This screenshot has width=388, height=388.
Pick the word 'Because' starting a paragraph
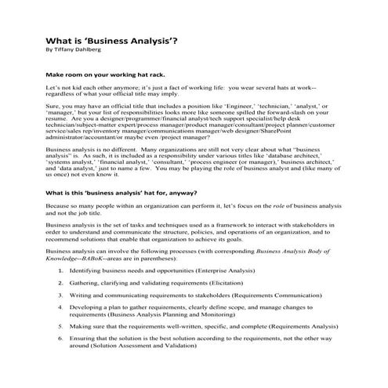click(x=61, y=208)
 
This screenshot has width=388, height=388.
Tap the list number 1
click(x=61, y=270)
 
